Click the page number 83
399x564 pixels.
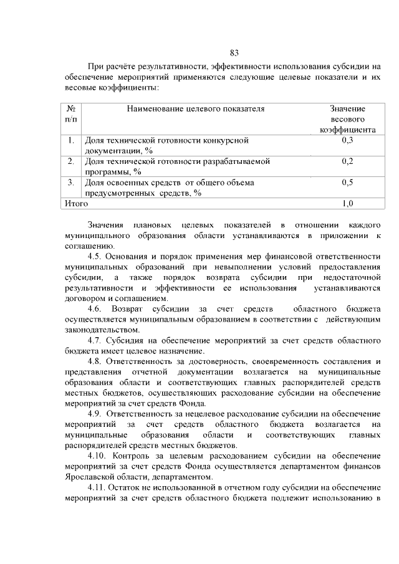coord(234,52)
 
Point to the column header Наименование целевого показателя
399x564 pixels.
coord(196,108)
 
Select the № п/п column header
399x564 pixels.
coord(72,113)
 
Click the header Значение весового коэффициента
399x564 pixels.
coord(347,119)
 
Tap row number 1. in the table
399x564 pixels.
coord(72,140)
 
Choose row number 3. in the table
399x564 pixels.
coord(72,183)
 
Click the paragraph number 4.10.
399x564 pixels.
coord(97,456)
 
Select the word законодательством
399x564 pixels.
coord(99,330)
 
